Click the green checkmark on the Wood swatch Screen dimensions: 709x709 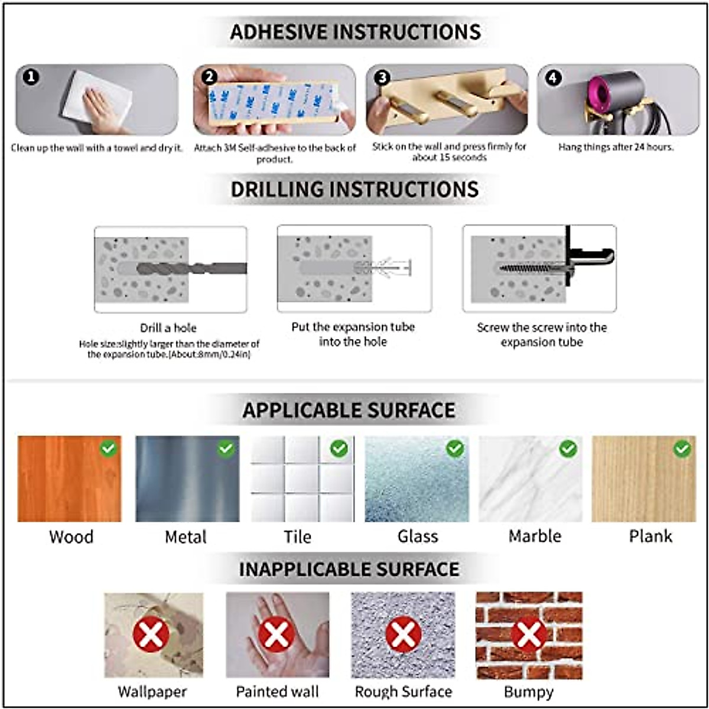[x=108, y=449]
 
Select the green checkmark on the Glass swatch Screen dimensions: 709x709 [x=455, y=449]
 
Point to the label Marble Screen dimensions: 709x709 [x=535, y=536]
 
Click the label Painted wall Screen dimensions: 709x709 [x=277, y=691]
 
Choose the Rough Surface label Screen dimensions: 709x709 [x=404, y=691]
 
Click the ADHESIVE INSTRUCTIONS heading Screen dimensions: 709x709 [x=355, y=32]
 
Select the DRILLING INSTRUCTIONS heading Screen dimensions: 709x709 [x=354, y=189]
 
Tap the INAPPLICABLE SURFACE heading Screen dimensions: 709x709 [x=349, y=569]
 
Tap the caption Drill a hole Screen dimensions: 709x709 [x=168, y=328]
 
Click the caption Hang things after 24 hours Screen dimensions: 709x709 [x=616, y=147]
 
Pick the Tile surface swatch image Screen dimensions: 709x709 [x=303, y=479]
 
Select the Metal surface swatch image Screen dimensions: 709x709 [x=187, y=479]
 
